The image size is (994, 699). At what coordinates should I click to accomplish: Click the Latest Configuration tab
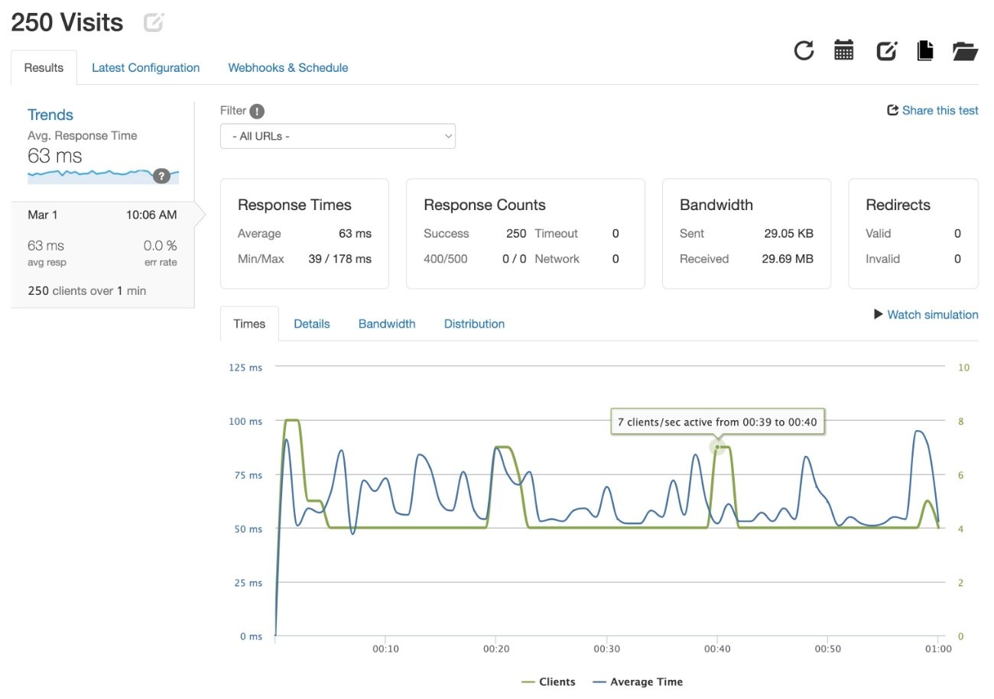coord(145,68)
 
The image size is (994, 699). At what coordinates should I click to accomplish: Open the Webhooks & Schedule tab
coord(288,68)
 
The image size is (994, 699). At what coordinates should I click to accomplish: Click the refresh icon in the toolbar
coord(804,50)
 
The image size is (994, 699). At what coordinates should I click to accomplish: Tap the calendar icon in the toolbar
coord(843,50)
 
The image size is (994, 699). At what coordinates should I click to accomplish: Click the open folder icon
coord(965,51)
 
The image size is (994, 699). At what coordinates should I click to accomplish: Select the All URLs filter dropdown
coord(338,136)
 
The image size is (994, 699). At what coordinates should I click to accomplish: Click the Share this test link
coord(932,110)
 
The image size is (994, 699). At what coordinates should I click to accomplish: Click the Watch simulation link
coord(926,315)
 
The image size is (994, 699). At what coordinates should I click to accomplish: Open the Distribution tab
coord(474,324)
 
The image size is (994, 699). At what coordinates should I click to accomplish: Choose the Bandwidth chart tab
coord(387,324)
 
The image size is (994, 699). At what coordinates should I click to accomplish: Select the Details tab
coord(312,324)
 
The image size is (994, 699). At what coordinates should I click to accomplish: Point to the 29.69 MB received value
coord(788,259)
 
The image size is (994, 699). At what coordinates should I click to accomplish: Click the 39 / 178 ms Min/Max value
coord(340,259)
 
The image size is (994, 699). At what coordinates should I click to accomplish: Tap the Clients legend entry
coord(548,681)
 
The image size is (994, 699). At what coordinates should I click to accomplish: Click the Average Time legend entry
coord(638,681)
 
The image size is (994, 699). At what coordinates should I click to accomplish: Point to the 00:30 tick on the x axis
coord(606,649)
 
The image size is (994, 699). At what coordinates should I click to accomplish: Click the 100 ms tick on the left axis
coord(245,422)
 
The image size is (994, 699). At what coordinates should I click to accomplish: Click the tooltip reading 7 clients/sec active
coord(717,422)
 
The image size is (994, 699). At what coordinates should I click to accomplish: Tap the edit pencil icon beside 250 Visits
coord(154,22)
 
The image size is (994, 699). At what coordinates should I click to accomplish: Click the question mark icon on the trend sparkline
coord(161,176)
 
